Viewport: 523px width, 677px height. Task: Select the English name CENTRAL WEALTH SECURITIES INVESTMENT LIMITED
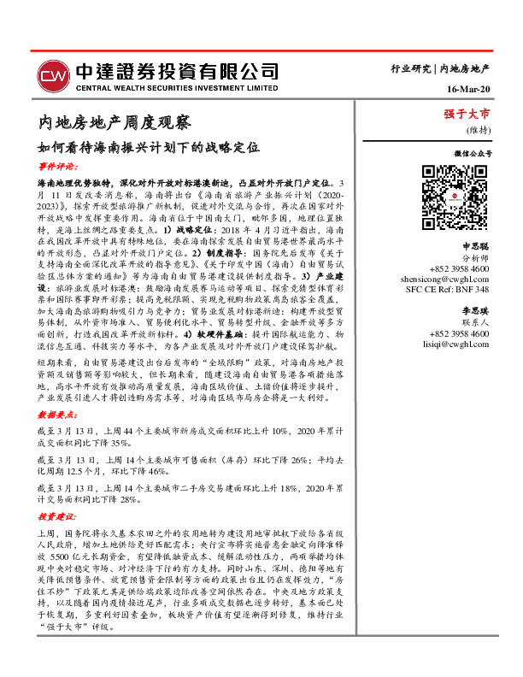tap(177, 87)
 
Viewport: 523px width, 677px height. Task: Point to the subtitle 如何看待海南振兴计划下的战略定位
tap(147, 147)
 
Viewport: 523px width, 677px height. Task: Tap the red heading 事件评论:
tap(57, 166)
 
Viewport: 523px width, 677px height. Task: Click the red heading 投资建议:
tap(57, 515)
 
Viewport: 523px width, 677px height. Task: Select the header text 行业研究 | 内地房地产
tap(439, 67)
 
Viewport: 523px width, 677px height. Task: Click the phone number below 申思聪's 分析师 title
tap(459, 244)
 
